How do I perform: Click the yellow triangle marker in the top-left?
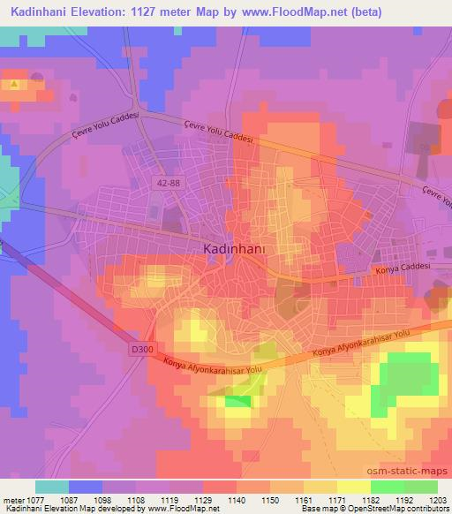click(15, 85)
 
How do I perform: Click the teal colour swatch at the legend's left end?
click(52, 487)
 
